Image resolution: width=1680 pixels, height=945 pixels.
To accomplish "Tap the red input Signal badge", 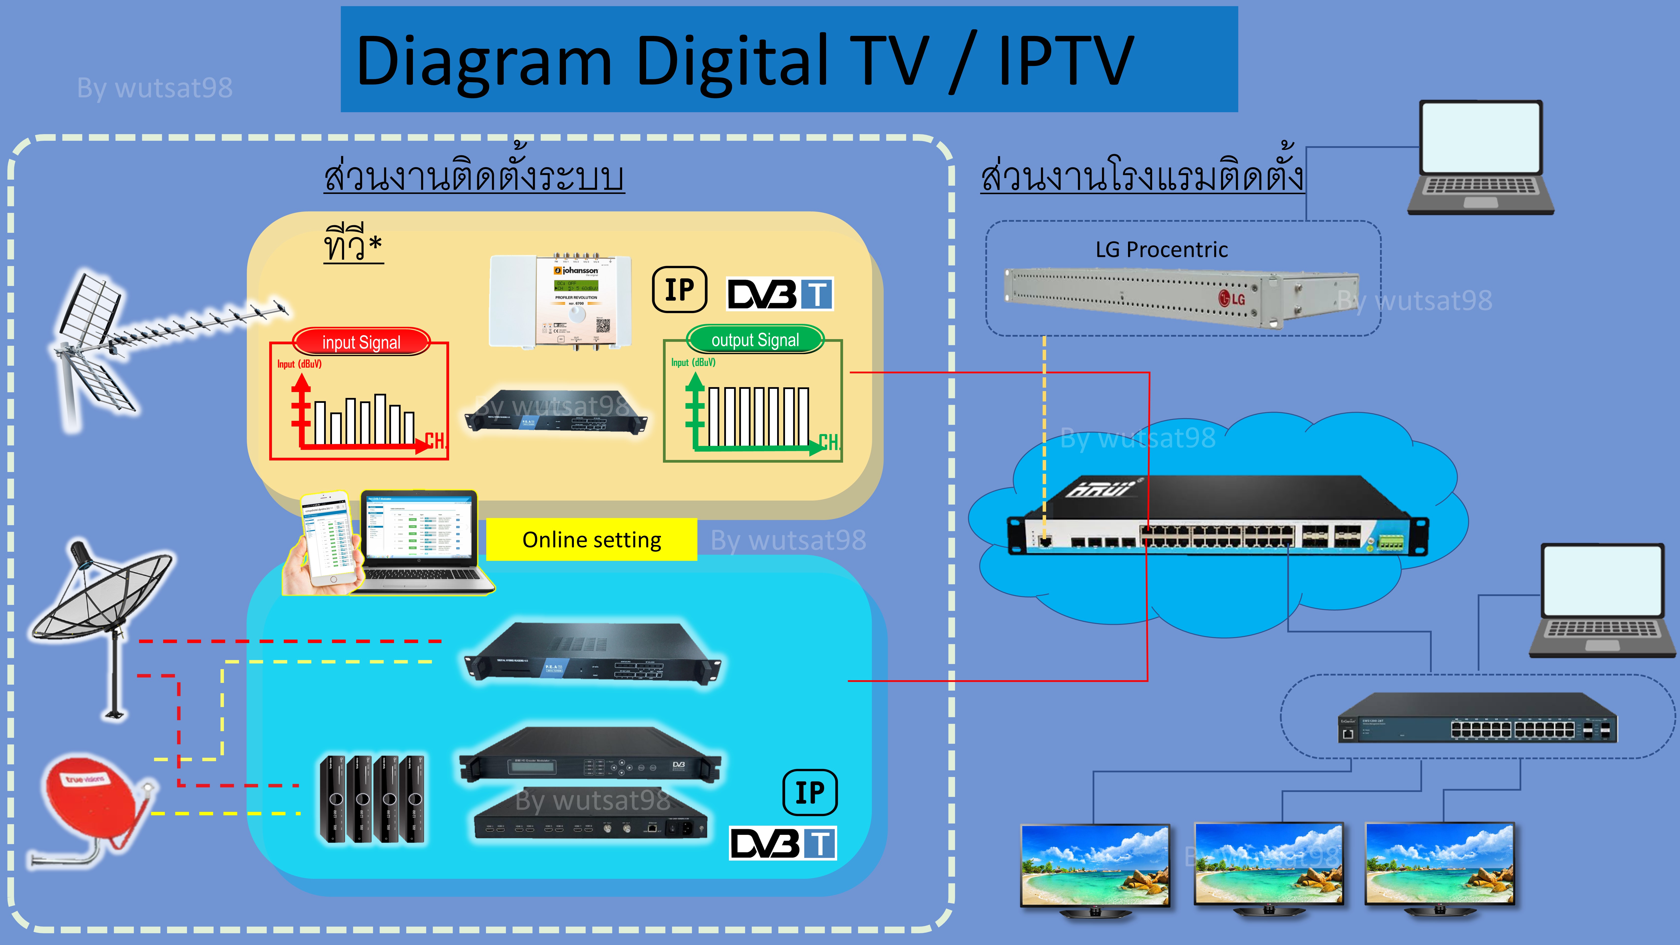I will coord(361,342).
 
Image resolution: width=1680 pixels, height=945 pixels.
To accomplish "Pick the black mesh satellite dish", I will coord(104,600).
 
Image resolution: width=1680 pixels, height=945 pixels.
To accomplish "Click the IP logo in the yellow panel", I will coord(680,290).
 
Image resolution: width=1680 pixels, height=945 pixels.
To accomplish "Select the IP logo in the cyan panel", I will coord(810,792).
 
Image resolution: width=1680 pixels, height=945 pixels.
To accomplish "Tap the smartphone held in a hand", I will coord(329,541).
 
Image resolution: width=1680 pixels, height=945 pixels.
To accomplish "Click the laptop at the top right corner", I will coord(1480,157).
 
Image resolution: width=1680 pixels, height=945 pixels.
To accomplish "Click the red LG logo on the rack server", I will coord(1231,299).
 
